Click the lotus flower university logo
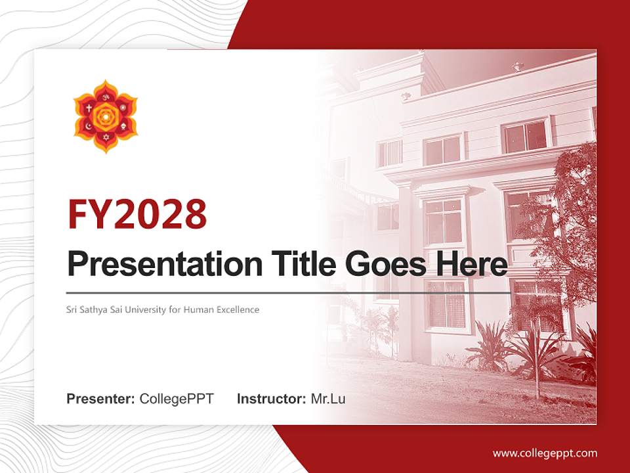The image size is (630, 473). [105, 116]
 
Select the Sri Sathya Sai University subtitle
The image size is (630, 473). [163, 309]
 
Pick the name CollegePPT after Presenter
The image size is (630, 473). [177, 399]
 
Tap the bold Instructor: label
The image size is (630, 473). [271, 399]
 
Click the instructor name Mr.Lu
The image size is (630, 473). [328, 399]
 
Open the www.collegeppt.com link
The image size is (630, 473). [545, 453]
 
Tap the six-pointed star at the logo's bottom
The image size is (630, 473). [105, 137]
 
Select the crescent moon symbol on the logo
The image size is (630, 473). [88, 126]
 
